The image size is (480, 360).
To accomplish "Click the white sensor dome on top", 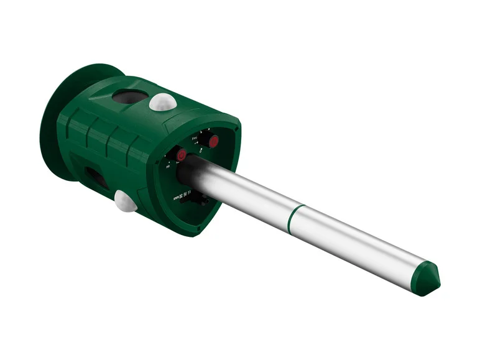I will coord(163,102).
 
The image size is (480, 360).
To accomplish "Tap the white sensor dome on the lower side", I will coord(126,201).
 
